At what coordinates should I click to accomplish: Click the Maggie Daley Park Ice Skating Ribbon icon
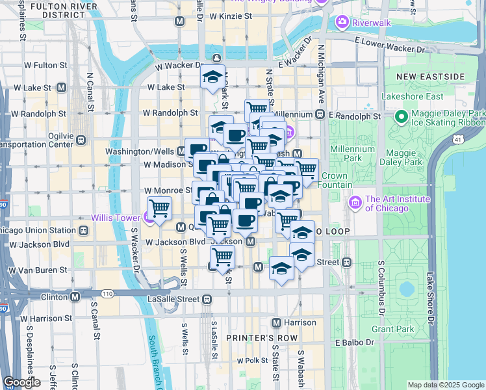[x=402, y=117]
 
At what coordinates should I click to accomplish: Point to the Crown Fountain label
[x=335, y=180]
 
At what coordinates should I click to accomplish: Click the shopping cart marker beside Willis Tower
[x=159, y=208]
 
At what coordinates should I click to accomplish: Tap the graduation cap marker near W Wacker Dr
[x=212, y=77]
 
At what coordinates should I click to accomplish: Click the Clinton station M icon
[x=75, y=296]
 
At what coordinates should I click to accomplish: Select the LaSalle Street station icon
[x=207, y=299]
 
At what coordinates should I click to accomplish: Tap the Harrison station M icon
[x=276, y=322]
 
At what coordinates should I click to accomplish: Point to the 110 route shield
[x=107, y=294]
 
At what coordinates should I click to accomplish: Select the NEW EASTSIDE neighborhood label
[x=431, y=77]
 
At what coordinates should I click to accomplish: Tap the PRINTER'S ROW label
[x=262, y=338]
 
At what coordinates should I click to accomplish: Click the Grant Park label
[x=392, y=329]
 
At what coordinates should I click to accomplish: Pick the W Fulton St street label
[x=46, y=65]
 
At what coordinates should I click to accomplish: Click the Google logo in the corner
[x=21, y=382]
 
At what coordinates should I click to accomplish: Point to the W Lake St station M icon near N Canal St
[x=62, y=87]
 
